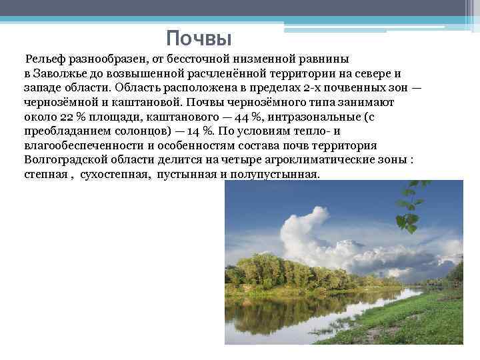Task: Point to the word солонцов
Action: pyautogui.click(x=149, y=131)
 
